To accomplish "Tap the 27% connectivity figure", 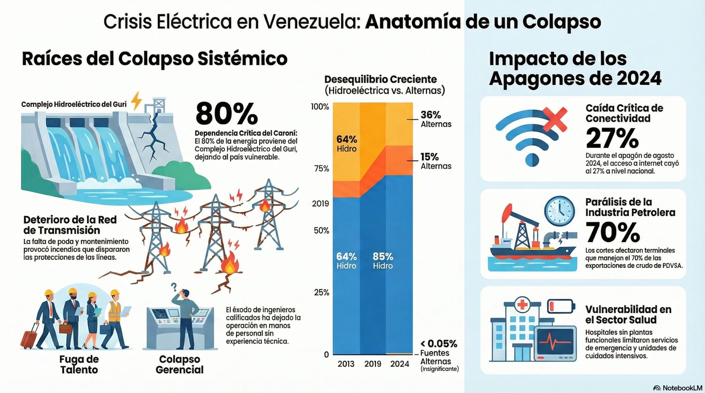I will point(612,138).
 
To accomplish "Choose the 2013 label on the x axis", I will point(346,364).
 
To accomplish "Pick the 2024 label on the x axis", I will point(400,364).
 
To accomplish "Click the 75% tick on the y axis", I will point(322,169).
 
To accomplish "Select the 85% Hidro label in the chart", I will point(383,261).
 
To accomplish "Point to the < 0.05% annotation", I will point(439,344).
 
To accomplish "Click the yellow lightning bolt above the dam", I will point(136,101).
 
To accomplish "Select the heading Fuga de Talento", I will point(79,364).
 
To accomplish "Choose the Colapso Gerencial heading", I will point(180,364).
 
